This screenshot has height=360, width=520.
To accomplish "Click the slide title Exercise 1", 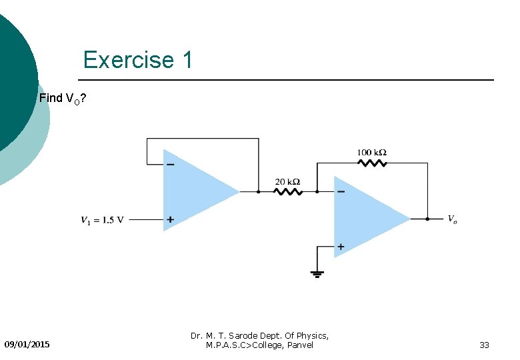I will tap(137, 60).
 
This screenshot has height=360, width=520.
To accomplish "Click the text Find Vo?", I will tap(62, 99).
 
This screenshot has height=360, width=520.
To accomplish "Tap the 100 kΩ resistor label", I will tap(372, 153).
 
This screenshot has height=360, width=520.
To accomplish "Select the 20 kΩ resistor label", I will tap(287, 181).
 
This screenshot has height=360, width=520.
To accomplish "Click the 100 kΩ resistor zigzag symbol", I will tap(372, 162).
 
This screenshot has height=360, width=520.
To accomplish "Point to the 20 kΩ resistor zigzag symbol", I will tap(288, 192).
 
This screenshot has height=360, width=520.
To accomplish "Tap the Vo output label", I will tap(452, 219).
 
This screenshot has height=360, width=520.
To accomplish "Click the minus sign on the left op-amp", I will tap(170, 164).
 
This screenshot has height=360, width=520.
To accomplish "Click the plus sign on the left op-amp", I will tap(171, 219).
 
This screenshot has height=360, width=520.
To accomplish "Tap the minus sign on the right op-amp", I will tap(341, 192).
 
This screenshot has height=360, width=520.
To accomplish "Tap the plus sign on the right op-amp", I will tap(341, 246).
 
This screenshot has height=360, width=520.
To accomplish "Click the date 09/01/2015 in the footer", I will tap(27, 345).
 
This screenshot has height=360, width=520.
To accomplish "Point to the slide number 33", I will tap(484, 345).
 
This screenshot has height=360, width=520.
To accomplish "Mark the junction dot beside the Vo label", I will tap(427, 218).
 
